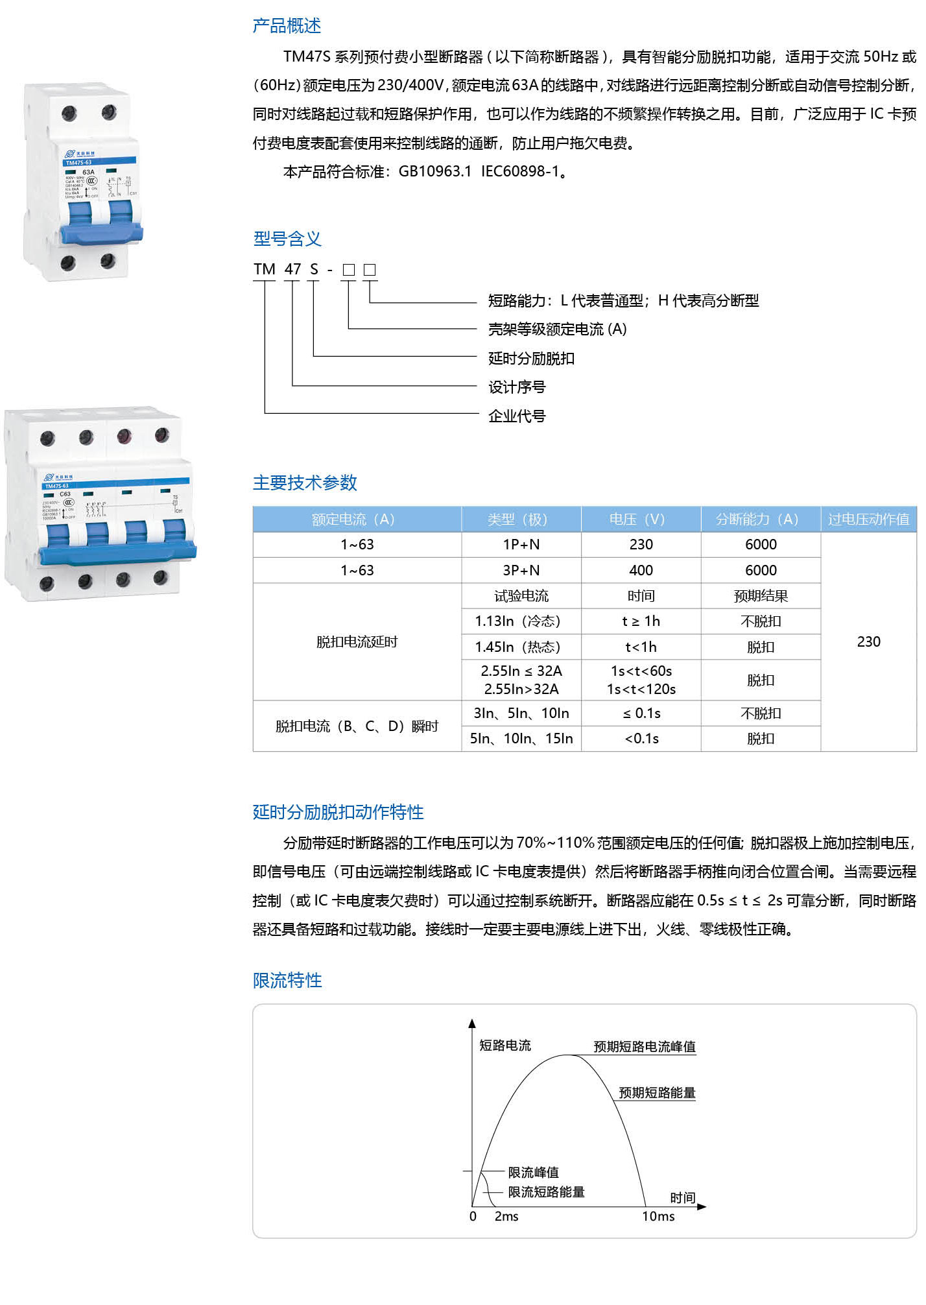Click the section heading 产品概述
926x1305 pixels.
click(x=287, y=26)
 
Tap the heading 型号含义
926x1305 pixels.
click(x=287, y=239)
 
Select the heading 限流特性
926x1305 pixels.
click(x=287, y=980)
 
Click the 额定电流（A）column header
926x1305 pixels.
click(x=357, y=520)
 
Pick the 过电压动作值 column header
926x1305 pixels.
click(x=868, y=520)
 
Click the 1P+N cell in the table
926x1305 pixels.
click(x=521, y=545)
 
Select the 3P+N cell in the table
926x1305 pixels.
click(x=521, y=571)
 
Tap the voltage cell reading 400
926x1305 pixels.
click(x=641, y=571)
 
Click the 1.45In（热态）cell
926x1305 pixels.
click(x=521, y=647)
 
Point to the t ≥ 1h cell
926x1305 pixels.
click(x=641, y=621)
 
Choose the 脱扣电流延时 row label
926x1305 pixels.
click(x=357, y=642)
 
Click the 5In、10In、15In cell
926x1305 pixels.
click(x=521, y=739)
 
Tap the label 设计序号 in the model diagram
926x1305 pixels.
click(x=517, y=387)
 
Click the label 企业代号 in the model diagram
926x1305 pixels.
click(x=517, y=416)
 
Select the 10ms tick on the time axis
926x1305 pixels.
click(x=658, y=1217)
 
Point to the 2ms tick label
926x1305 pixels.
click(x=506, y=1217)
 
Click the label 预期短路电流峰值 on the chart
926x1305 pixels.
click(x=645, y=1046)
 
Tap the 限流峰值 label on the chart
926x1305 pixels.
click(x=533, y=1172)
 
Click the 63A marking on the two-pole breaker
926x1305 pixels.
click(x=88, y=173)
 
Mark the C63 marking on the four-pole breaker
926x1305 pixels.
click(x=65, y=494)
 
